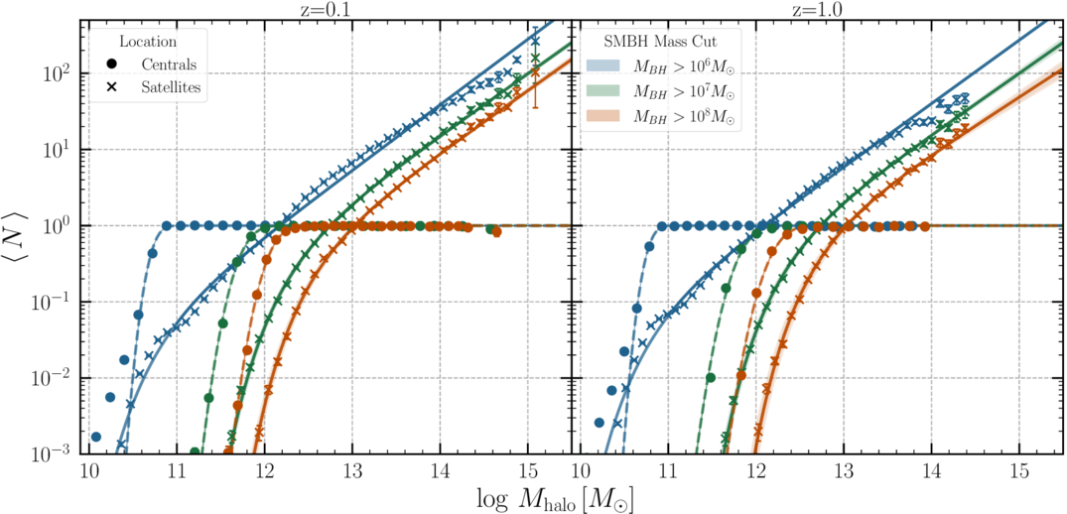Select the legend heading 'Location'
[x=147, y=42]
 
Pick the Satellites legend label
[x=170, y=87]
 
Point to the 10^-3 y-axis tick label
[x=55, y=453]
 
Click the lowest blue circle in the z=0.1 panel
[x=96, y=437]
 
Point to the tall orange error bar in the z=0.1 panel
[x=535, y=74]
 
